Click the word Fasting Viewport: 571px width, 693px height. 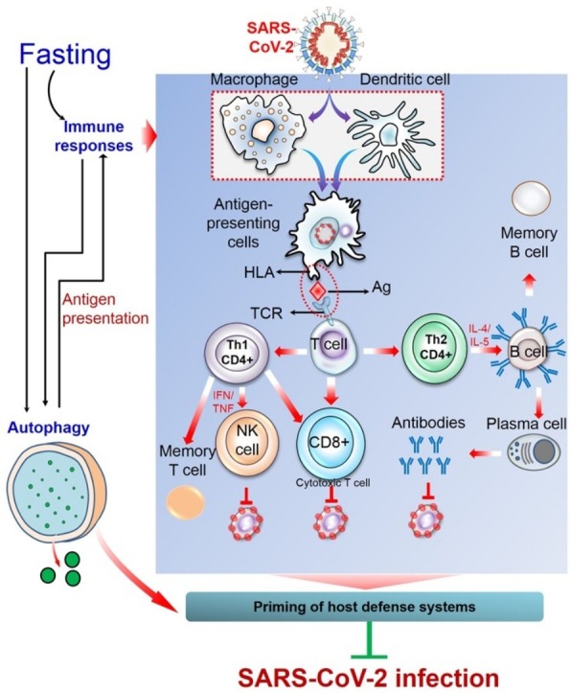click(x=65, y=56)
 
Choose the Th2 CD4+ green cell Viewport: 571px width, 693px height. click(x=435, y=347)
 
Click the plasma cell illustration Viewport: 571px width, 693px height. click(x=534, y=452)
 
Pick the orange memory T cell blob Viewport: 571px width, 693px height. click(x=186, y=502)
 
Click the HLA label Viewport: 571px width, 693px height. click(x=260, y=272)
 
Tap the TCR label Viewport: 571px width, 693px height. click(x=266, y=313)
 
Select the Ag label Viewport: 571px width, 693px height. click(x=381, y=288)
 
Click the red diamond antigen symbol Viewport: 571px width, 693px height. click(x=317, y=291)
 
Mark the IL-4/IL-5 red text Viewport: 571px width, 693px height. click(x=479, y=334)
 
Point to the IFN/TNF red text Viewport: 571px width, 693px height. click(x=223, y=402)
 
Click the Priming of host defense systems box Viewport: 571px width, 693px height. click(x=364, y=607)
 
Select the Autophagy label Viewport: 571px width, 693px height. click(x=49, y=427)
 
